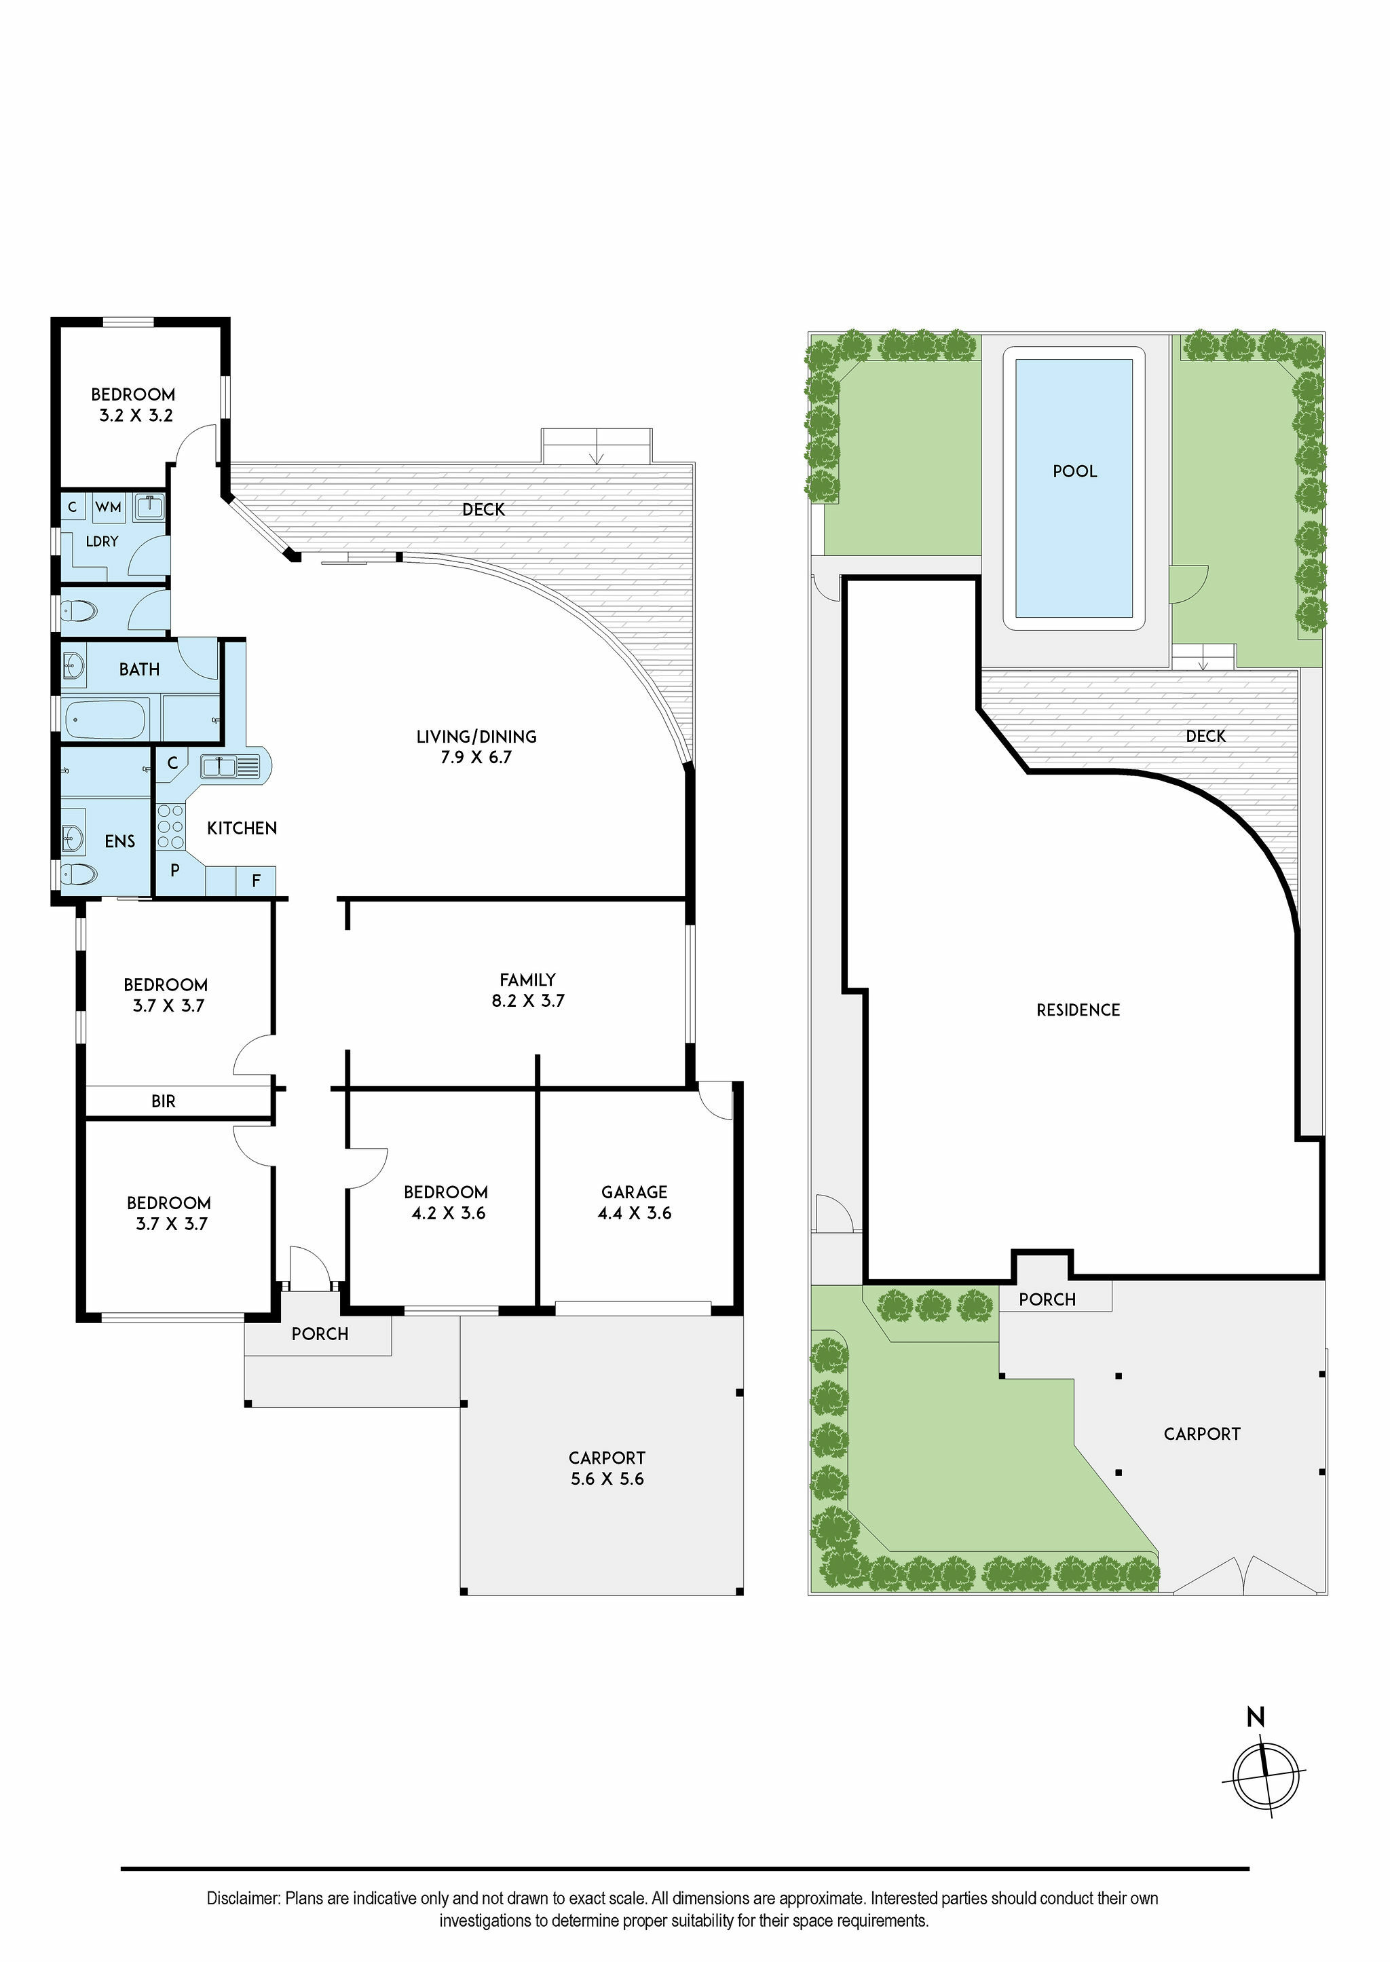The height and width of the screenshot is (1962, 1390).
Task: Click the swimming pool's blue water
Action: (1074, 488)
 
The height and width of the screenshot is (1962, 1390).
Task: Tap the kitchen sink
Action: (221, 766)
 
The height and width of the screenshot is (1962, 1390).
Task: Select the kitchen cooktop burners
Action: (171, 827)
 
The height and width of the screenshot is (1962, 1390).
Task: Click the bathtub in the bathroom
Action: (106, 719)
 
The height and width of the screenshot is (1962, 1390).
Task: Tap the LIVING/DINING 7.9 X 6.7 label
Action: (476, 747)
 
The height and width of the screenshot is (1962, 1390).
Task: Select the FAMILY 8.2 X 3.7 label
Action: (528, 990)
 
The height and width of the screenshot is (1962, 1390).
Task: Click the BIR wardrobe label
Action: (164, 1102)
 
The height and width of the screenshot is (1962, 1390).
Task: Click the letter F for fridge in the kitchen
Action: (256, 880)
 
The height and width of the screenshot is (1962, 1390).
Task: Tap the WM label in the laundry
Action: (108, 508)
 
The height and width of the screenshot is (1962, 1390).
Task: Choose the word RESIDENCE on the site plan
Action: (1078, 1010)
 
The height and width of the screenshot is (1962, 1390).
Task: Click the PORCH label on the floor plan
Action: (320, 1333)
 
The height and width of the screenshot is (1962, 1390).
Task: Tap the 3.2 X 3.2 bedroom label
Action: (136, 415)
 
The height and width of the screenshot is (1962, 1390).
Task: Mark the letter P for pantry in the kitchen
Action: (174, 870)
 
